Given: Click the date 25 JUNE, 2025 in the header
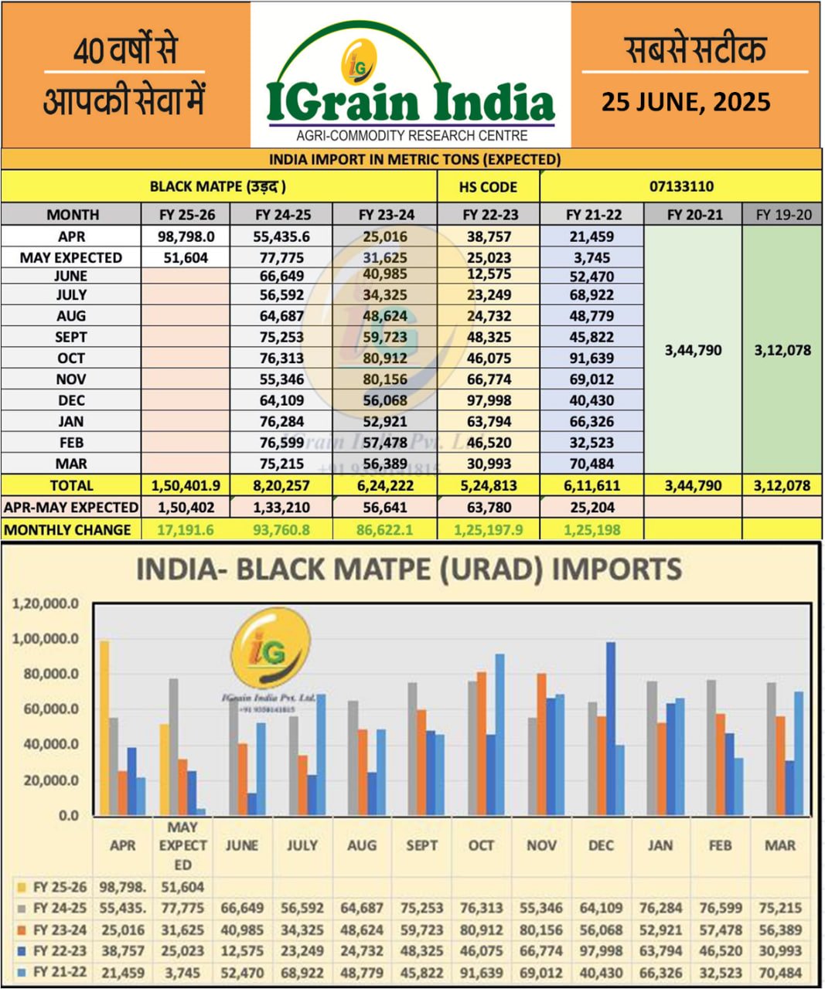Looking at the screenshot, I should click(x=686, y=102).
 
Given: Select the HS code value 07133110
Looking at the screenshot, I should click(x=681, y=186).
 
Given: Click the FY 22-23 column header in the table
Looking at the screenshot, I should click(x=489, y=215).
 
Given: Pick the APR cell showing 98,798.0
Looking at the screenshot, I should click(x=186, y=236).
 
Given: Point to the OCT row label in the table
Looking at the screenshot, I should click(x=71, y=358).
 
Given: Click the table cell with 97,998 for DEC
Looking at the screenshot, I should click(x=489, y=400).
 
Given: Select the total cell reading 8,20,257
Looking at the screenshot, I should click(x=281, y=486).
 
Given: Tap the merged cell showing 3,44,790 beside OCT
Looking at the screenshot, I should click(x=693, y=350).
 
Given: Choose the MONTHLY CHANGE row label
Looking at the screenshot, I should click(x=67, y=530).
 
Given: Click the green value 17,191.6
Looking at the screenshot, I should click(x=186, y=530).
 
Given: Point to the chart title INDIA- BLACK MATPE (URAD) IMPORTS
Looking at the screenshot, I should click(x=409, y=569).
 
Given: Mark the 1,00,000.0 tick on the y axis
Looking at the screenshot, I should click(x=46, y=639).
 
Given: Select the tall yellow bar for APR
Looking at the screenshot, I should click(x=104, y=727).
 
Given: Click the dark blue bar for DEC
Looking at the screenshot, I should click(x=610, y=728).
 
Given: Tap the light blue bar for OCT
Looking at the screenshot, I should click(x=500, y=734).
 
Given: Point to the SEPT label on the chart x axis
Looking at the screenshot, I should click(x=421, y=845).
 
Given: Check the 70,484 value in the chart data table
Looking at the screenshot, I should click(x=779, y=973).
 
